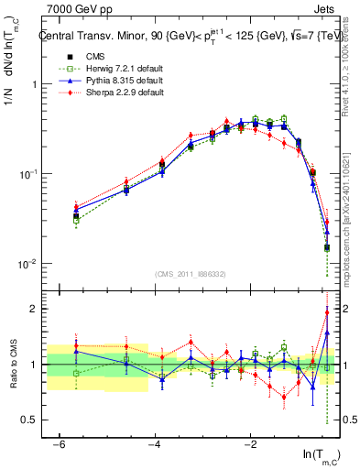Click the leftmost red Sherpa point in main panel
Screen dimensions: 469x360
coord(76,206)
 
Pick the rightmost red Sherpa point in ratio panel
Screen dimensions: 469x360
coord(327,312)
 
